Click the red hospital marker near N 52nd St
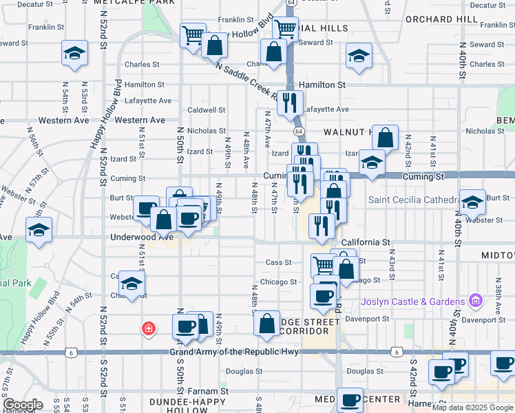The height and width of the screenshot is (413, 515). (147, 329)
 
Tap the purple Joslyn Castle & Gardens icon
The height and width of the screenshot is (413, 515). (474, 301)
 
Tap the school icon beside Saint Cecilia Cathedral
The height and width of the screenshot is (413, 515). (472, 202)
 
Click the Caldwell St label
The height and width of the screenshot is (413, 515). (207, 109)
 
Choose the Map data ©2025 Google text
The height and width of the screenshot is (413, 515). (472, 407)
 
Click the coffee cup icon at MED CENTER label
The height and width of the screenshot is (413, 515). (350, 399)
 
